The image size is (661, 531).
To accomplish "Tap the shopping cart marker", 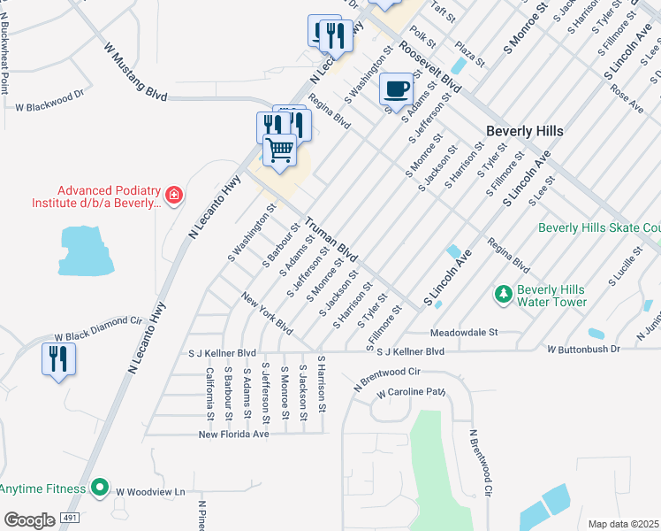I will point(279,150).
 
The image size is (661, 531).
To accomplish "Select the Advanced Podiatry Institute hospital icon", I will point(174,195).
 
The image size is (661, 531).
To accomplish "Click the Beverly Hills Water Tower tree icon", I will point(503,294).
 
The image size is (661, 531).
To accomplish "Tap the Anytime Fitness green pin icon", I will point(100,488).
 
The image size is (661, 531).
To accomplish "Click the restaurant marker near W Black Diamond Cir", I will point(58,358).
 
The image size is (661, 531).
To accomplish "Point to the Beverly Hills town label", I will point(524,131).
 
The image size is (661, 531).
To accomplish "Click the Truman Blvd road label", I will point(331,240).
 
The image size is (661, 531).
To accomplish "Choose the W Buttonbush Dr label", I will point(583,350).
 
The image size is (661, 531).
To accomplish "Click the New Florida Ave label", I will point(233,435).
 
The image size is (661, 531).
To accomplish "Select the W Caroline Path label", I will point(411,392).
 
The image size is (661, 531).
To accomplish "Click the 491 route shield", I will point(69,517).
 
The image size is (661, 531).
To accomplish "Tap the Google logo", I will point(29,519).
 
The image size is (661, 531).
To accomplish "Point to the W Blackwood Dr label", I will point(49,106).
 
